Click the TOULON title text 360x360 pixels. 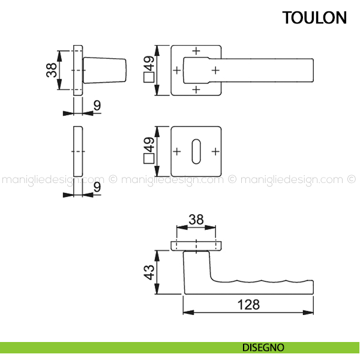click(315, 18)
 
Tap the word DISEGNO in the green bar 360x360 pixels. click(263, 347)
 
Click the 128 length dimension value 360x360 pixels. click(247, 304)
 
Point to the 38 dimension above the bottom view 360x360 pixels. click(196, 220)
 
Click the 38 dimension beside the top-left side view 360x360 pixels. click(51, 70)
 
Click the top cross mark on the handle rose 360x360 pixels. click(196, 50)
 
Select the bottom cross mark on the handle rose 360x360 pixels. click(196, 89)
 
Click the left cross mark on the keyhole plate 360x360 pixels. click(177, 151)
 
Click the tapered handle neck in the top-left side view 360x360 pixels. click(106, 70)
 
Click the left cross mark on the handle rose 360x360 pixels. click(177, 70)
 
